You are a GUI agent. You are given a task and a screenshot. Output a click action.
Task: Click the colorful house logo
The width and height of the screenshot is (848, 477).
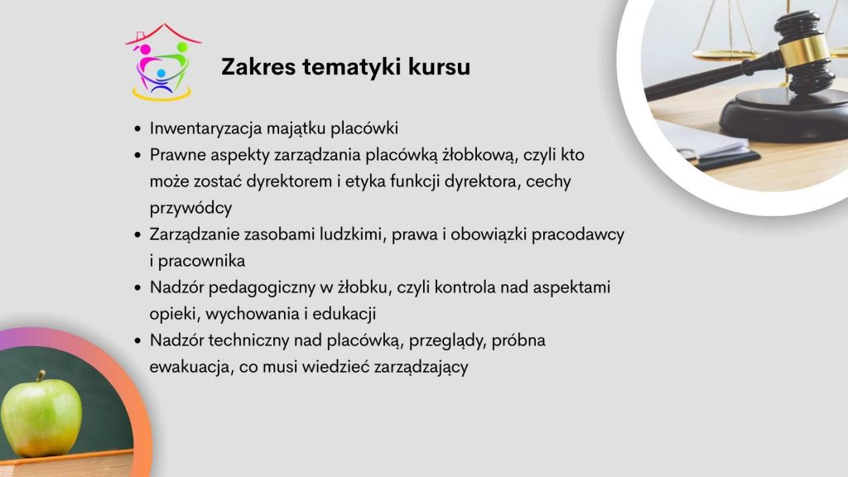163,62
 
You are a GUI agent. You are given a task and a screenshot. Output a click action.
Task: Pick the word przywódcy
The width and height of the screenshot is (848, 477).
191,208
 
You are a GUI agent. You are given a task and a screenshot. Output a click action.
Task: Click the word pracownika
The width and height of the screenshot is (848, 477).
201,261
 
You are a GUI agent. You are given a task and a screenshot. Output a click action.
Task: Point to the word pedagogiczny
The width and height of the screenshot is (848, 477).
262,287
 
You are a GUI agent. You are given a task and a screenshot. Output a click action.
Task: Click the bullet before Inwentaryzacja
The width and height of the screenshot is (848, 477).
137,128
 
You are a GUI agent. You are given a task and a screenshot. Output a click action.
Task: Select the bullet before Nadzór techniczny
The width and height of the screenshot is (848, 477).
137,340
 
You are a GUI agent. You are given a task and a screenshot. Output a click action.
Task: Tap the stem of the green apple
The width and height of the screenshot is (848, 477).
40,376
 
